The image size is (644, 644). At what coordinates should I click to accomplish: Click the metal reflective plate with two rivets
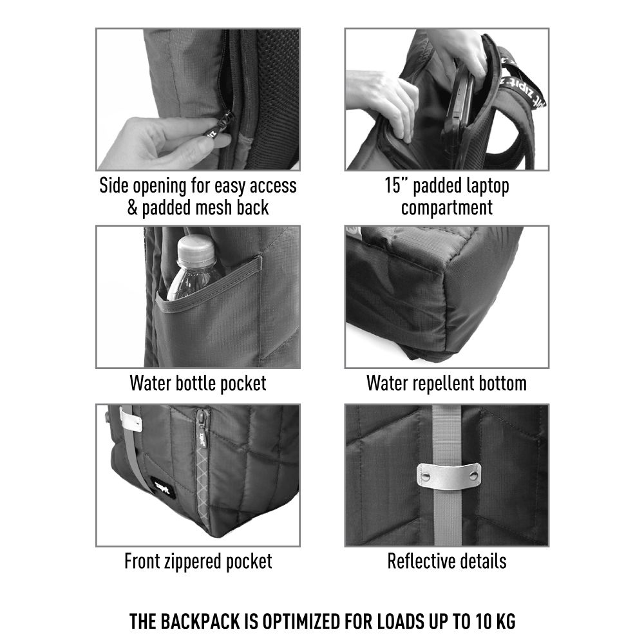[x=449, y=476]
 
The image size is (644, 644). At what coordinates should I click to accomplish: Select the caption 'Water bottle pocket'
[x=198, y=383]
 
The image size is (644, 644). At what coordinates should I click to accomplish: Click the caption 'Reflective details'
[x=447, y=561]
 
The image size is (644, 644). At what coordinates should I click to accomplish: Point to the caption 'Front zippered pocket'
[x=198, y=561]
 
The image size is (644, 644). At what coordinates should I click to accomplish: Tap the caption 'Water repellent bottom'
[x=446, y=383]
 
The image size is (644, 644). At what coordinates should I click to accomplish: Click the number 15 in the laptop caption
[x=392, y=185]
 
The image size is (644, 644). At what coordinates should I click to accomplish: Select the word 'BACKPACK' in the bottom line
[x=201, y=621]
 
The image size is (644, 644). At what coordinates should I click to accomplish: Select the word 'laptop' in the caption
[x=486, y=187]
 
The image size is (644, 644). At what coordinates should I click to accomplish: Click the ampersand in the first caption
[x=132, y=207]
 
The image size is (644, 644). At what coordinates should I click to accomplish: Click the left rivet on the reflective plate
[x=425, y=476]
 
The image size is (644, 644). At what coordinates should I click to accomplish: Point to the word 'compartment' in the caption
[x=447, y=208]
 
